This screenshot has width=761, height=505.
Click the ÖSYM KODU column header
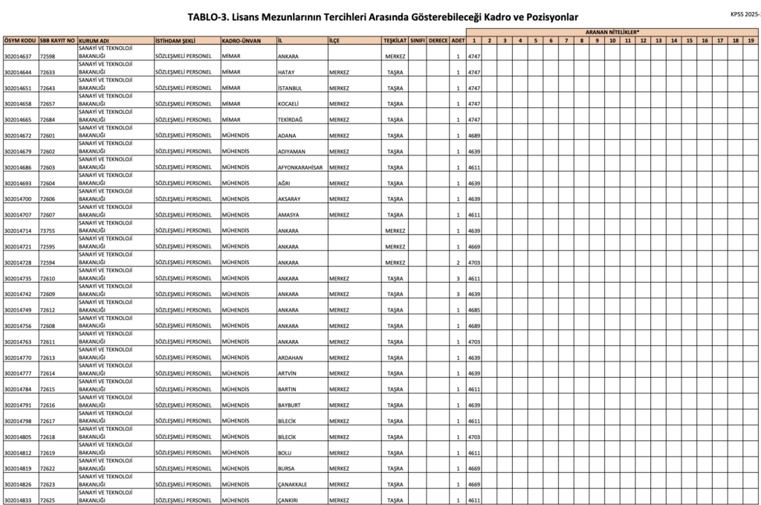tap(19, 40)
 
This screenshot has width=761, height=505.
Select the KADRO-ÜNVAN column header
tap(241, 40)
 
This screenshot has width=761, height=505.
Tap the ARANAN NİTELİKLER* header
tap(612, 33)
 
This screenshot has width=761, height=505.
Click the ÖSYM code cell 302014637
tap(18, 57)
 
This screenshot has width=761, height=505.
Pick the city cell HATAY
tap(286, 72)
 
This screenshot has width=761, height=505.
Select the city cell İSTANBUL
tap(291, 88)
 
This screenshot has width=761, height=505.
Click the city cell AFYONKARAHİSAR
tap(300, 167)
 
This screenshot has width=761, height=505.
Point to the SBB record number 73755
tap(48, 231)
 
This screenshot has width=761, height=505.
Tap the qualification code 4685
tap(474, 310)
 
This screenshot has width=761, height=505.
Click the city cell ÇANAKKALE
tap(295, 485)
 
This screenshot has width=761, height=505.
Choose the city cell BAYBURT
tap(291, 405)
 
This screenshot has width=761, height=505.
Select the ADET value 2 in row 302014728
tap(458, 263)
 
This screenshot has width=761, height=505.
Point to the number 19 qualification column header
tap(751, 40)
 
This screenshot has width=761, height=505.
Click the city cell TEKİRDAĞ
tap(291, 120)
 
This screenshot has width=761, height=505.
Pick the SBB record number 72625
tap(48, 501)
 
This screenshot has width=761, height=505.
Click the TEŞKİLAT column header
tap(395, 40)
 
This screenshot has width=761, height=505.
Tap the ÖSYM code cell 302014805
tap(18, 437)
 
